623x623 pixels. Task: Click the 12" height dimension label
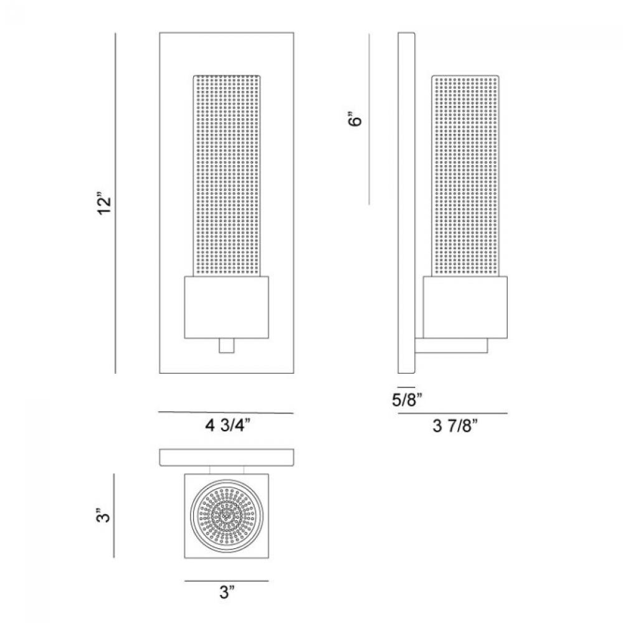pos(105,204)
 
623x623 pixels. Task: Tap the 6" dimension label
pos(355,118)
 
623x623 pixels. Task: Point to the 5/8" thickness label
pos(407,399)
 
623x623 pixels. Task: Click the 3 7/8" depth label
pos(455,426)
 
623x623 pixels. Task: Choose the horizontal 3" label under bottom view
pos(227,593)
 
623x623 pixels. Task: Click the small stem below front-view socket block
pos(227,345)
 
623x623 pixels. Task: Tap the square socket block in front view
pos(227,307)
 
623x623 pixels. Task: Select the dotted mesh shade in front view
pos(227,175)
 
